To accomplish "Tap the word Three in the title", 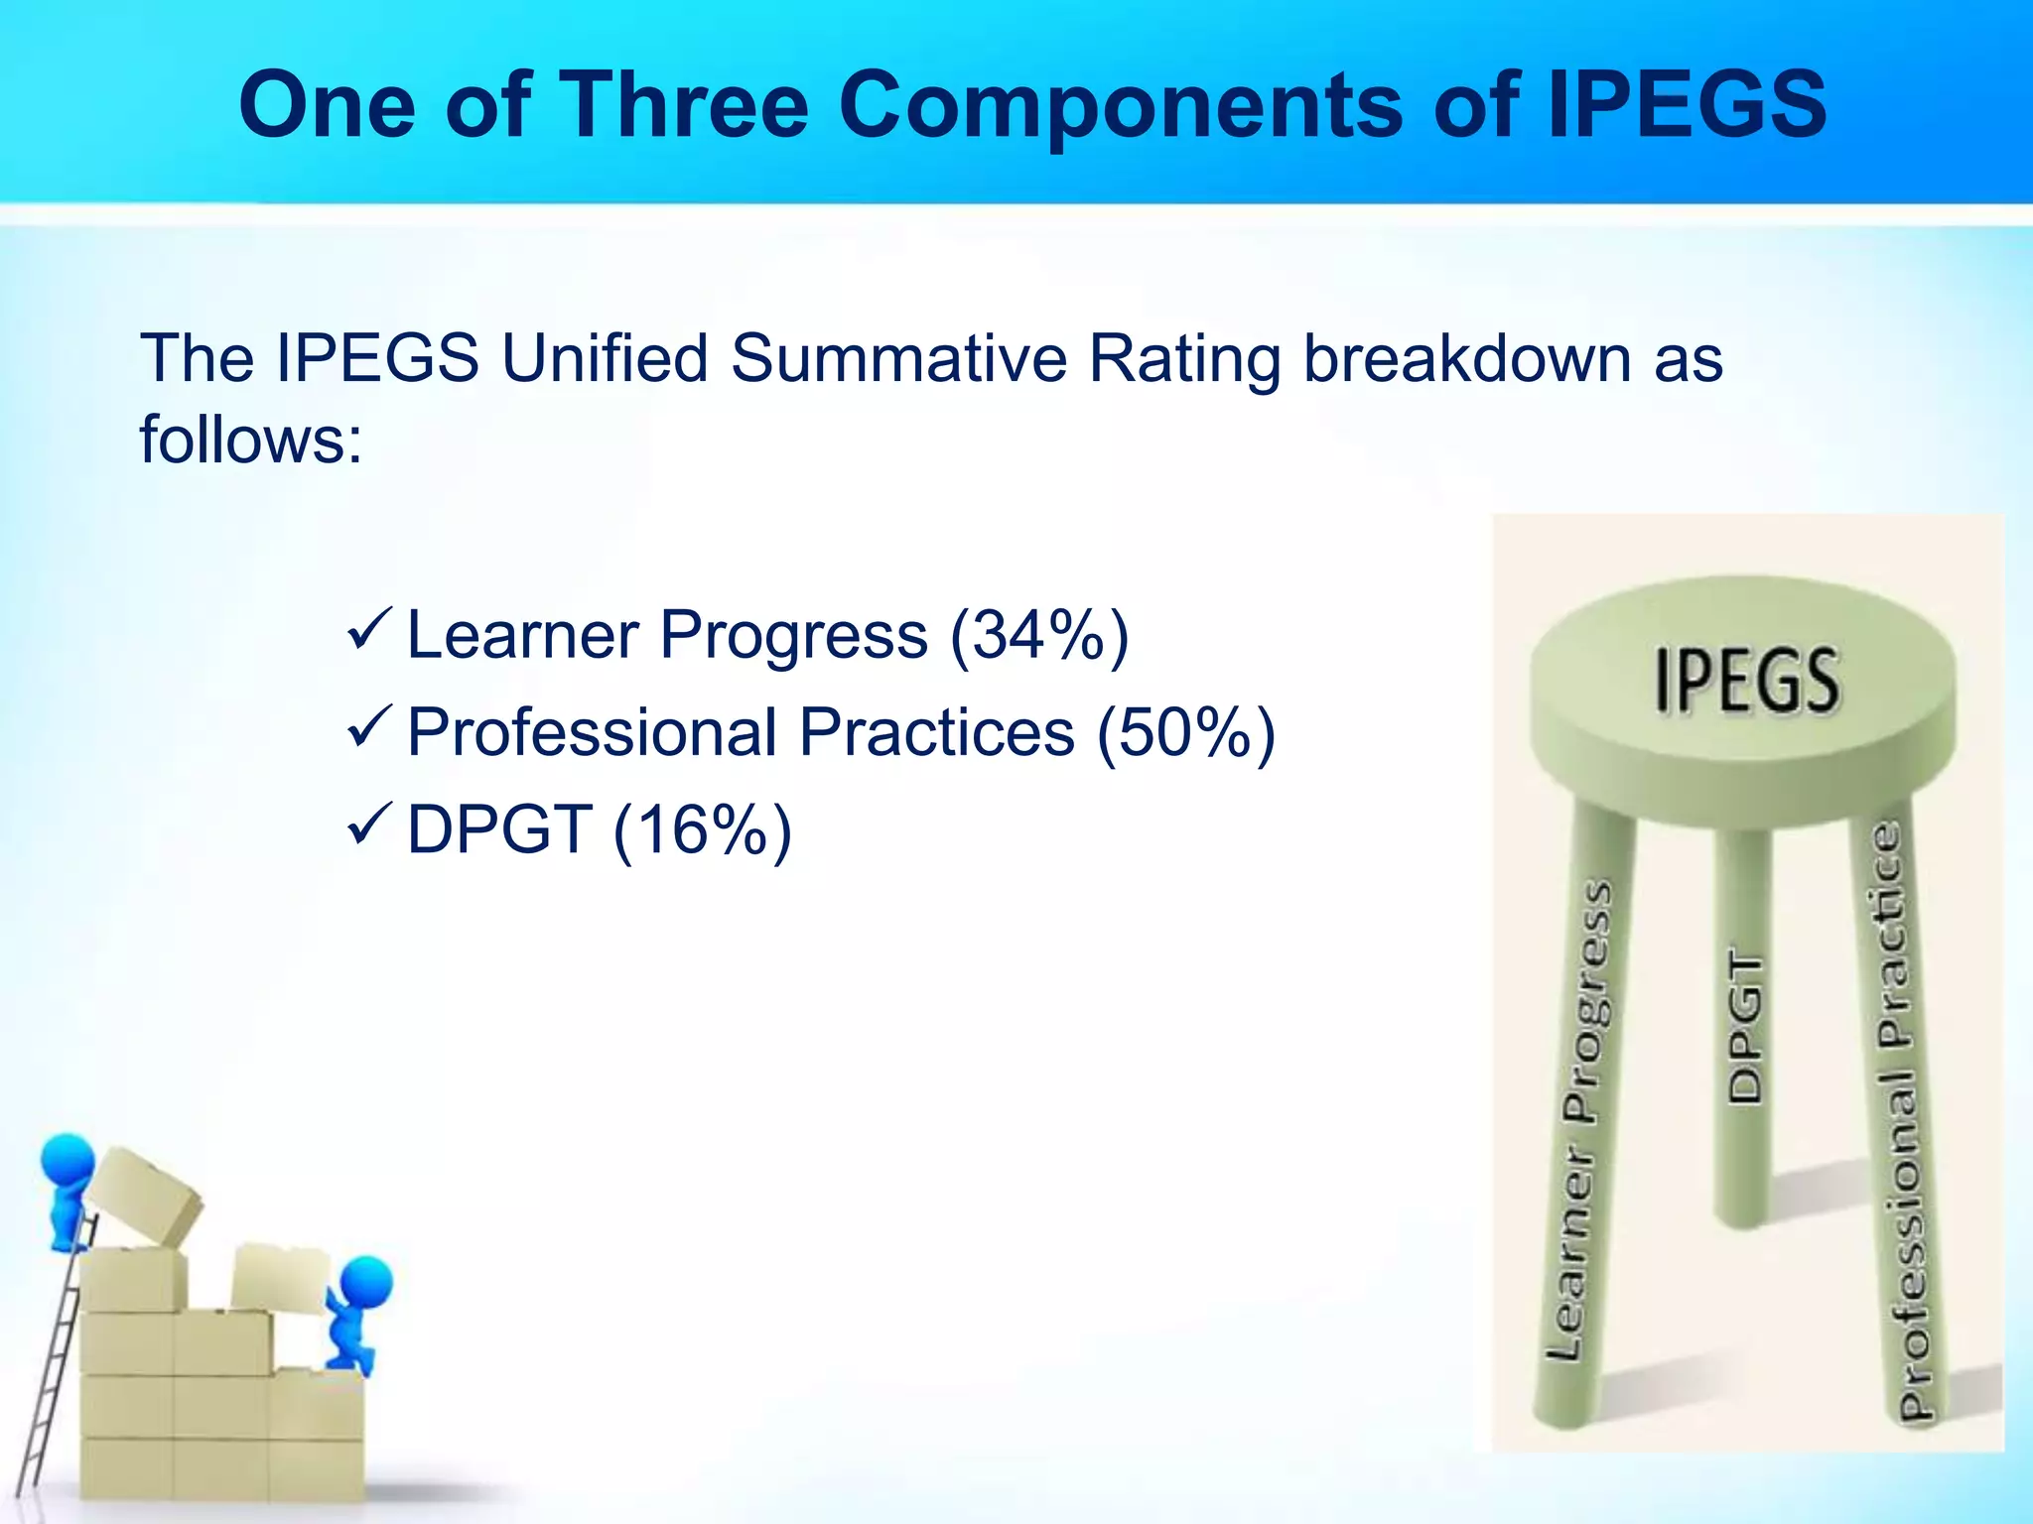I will click(x=687, y=105).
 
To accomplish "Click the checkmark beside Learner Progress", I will click(x=371, y=632).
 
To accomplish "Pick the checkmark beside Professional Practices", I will click(x=371, y=729).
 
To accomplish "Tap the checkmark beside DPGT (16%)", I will click(x=371, y=826).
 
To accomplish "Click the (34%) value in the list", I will click(x=1039, y=635).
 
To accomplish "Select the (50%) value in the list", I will click(x=1185, y=733).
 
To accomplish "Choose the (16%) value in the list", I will click(x=703, y=830).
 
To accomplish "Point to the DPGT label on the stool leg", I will click(x=1744, y=1028).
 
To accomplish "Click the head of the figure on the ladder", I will click(x=68, y=1160).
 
